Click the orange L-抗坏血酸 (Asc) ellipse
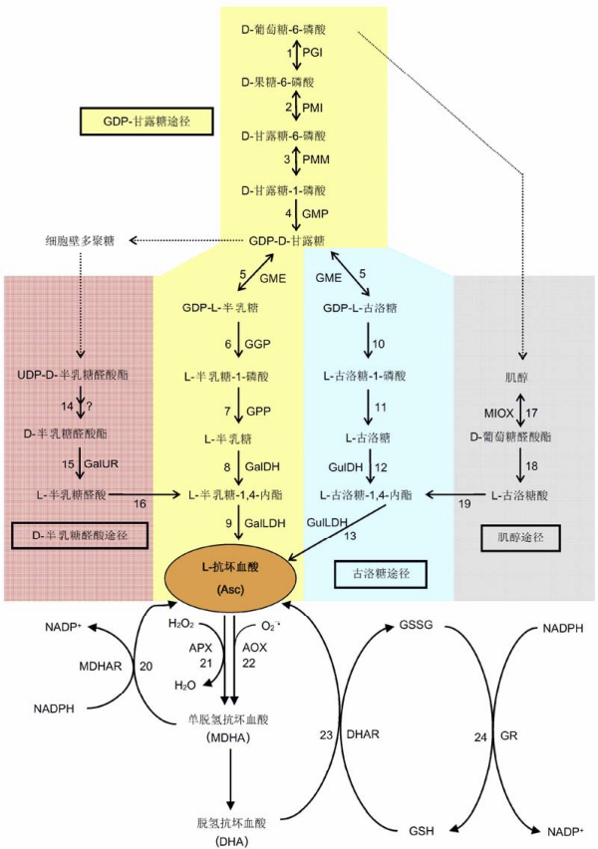pos(231,578)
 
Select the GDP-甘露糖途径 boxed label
pos(145,122)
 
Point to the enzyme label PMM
pos(315,158)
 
